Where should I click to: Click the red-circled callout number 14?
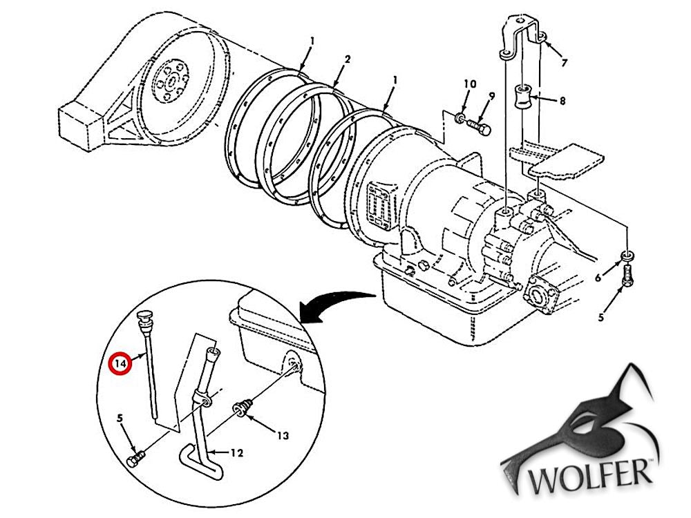point(120,362)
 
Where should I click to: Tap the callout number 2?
point(347,59)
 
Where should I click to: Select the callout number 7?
point(564,63)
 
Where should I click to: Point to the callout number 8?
point(562,101)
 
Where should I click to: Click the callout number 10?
point(470,84)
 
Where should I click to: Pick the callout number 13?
point(283,435)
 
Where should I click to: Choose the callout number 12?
point(236,453)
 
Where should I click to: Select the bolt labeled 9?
point(478,127)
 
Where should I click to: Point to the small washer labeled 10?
point(460,119)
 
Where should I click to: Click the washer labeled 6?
point(626,258)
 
